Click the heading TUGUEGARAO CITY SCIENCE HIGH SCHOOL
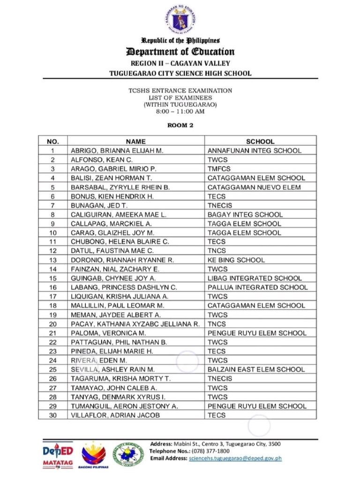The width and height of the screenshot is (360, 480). pos(180,73)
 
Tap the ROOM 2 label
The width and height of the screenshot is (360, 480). pos(180,125)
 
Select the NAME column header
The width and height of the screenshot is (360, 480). pos(136,141)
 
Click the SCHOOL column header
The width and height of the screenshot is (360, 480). pos(260,141)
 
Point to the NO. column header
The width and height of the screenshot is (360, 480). pos(53,141)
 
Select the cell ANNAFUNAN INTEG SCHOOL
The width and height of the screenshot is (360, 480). pos(255,150)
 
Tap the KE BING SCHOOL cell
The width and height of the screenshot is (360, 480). pos(236,260)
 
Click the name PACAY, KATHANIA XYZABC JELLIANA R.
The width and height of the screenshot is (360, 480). pos(135,324)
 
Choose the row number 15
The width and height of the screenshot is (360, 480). pos(53,278)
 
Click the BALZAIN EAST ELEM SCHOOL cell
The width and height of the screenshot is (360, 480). pos(256,369)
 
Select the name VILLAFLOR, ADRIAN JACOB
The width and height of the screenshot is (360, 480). pos(115,415)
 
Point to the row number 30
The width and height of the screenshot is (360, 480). pos(53,415)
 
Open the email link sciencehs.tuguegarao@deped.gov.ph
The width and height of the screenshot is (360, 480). pos(235,458)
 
